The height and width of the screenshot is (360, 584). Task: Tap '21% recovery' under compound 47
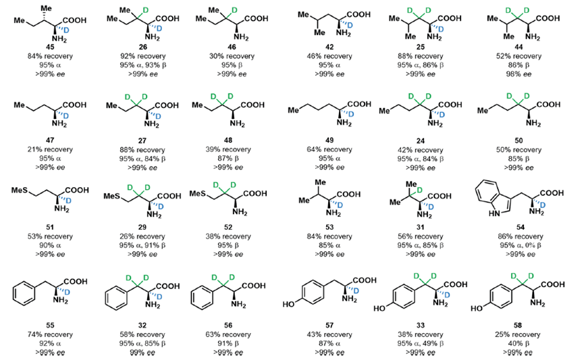click(x=40, y=147)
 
